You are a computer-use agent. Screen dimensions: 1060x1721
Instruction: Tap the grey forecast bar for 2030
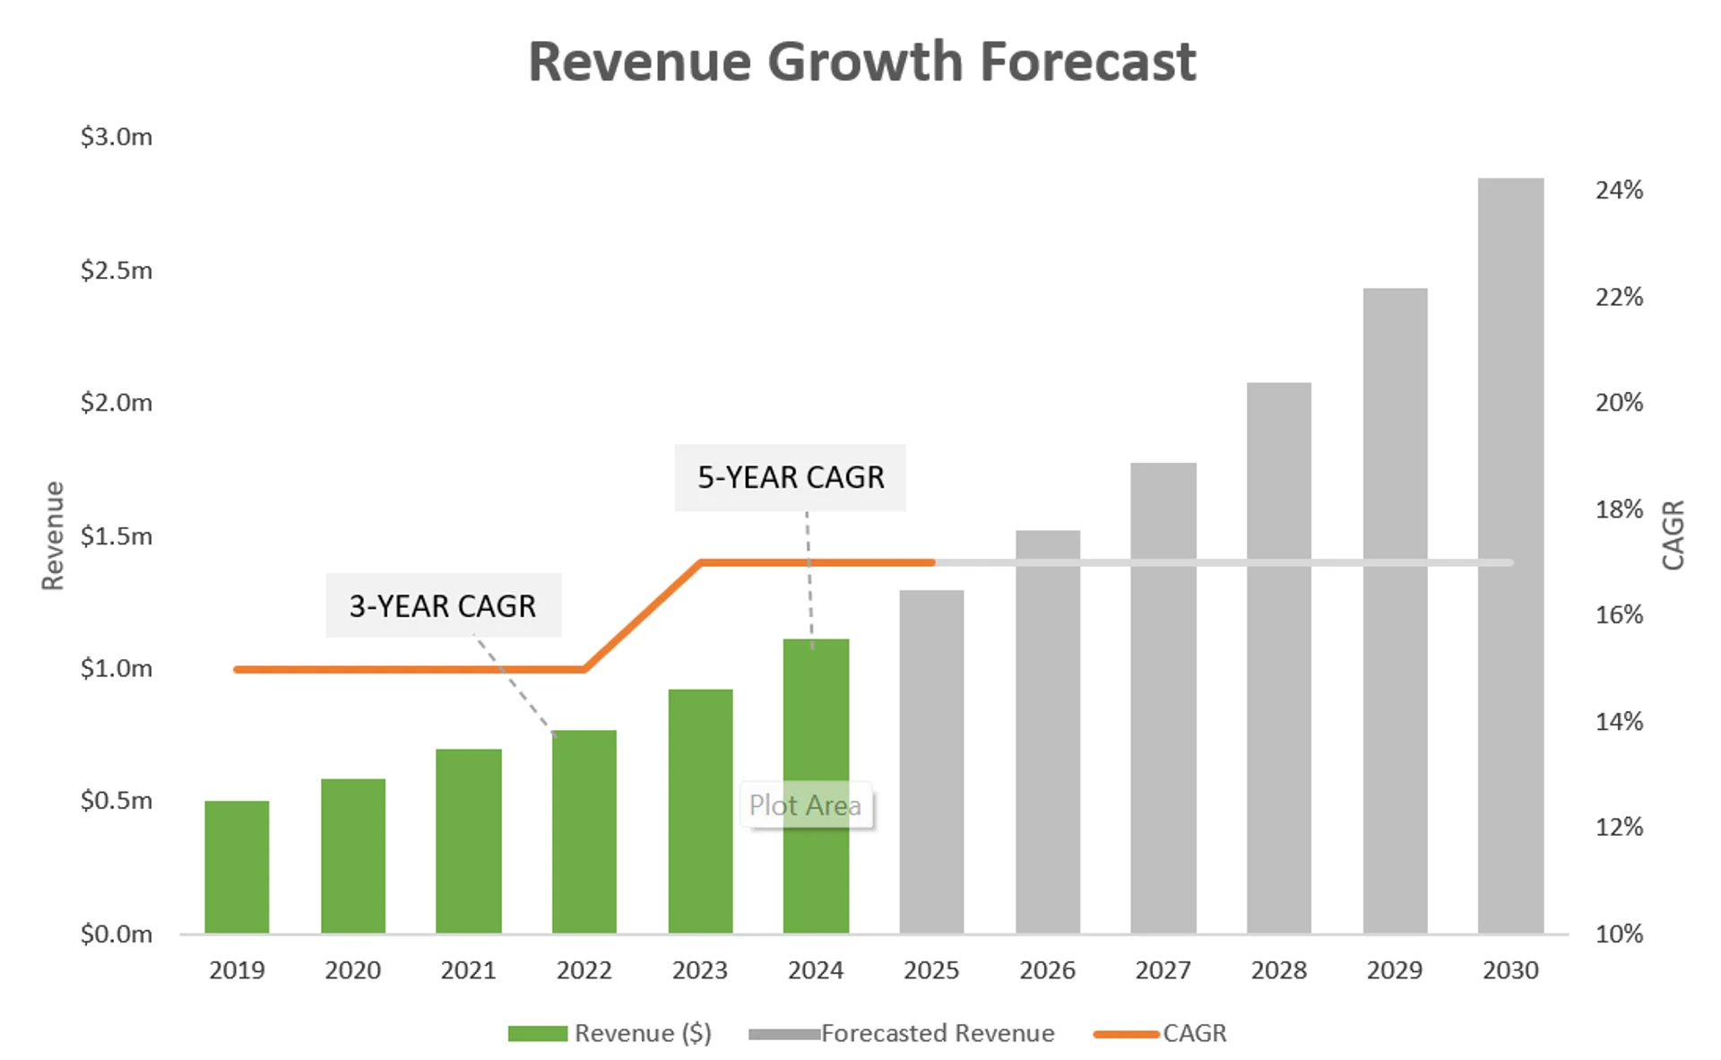[1510, 555]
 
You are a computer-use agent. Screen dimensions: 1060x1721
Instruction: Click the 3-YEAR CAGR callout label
[443, 606]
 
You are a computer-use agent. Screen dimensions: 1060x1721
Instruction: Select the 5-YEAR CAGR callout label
[791, 477]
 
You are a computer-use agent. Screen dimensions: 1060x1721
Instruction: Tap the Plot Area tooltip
[805, 805]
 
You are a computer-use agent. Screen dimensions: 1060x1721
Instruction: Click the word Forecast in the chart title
[1087, 63]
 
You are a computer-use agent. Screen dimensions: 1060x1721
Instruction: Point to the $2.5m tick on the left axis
[117, 270]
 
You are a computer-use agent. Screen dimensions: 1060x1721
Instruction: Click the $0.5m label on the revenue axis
[117, 800]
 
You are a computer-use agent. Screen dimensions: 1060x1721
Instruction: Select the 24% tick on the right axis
[1619, 190]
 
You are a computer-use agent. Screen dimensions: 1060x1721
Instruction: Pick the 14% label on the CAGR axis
[1619, 721]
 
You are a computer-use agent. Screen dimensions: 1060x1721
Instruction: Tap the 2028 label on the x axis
[1278, 970]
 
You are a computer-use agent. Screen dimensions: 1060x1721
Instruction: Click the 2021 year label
[468, 970]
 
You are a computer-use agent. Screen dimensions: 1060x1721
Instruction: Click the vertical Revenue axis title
[54, 535]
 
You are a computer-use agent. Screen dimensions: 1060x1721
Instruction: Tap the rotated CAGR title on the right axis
[1673, 535]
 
